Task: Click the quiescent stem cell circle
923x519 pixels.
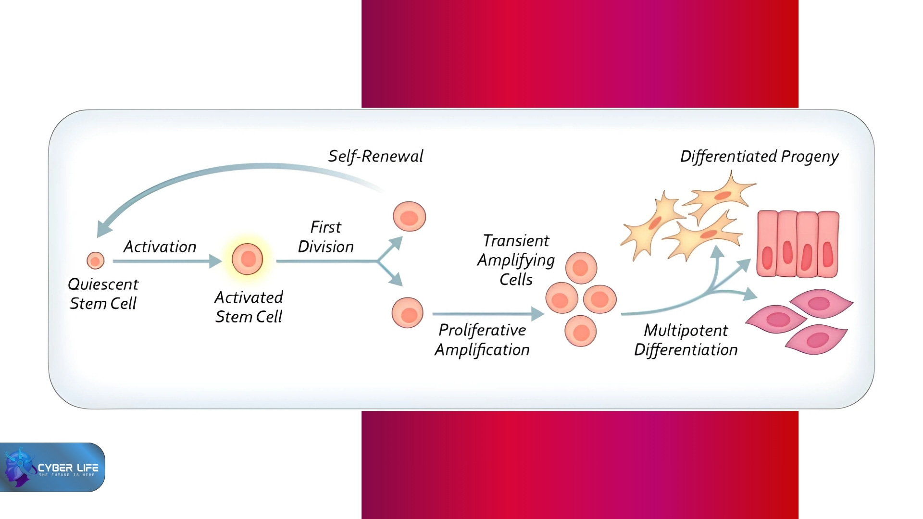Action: [x=95, y=260]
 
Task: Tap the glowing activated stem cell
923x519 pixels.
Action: [x=248, y=259]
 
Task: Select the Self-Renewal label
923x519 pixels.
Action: [x=375, y=156]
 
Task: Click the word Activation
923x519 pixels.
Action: [x=160, y=247]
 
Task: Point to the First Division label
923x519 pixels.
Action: [x=326, y=237]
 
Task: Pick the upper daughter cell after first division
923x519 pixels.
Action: [x=409, y=216]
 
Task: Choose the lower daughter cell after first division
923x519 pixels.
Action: [x=407, y=313]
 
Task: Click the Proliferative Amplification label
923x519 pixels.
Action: [x=482, y=340]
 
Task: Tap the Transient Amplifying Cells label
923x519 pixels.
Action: [x=516, y=260]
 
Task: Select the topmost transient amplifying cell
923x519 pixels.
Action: [x=581, y=268]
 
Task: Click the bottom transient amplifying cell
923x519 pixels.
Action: [x=580, y=331]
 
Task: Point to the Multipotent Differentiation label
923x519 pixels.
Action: [x=686, y=340]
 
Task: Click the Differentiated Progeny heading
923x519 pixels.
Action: [x=759, y=157]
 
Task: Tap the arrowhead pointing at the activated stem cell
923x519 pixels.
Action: [x=215, y=261]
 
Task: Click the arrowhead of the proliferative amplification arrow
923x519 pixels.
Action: [x=538, y=314]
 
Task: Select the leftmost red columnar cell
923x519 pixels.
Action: [x=767, y=244]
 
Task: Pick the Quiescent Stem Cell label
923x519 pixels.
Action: [x=103, y=294]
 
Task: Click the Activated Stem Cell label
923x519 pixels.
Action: [x=249, y=307]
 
